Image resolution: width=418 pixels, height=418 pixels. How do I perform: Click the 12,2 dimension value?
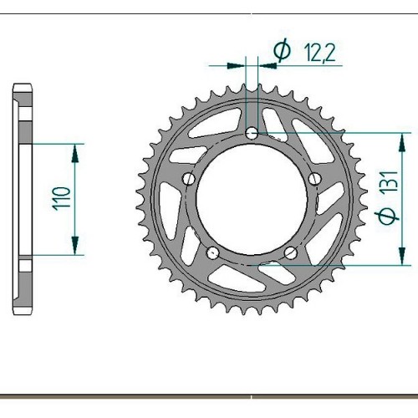tap(320, 52)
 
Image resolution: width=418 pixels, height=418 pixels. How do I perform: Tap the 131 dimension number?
tap(389, 181)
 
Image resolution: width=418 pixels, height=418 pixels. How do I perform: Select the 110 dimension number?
tap(61, 198)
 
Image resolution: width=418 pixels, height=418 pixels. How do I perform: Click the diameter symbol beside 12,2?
tap(282, 51)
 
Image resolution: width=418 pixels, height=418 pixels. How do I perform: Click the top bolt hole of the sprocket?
tap(252, 134)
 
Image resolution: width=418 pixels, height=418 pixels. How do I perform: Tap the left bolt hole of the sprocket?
tap(189, 179)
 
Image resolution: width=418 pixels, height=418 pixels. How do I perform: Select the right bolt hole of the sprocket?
tap(315, 179)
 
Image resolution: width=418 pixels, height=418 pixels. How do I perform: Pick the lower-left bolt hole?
tap(212, 253)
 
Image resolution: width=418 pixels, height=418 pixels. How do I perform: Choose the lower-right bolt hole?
tap(291, 252)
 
